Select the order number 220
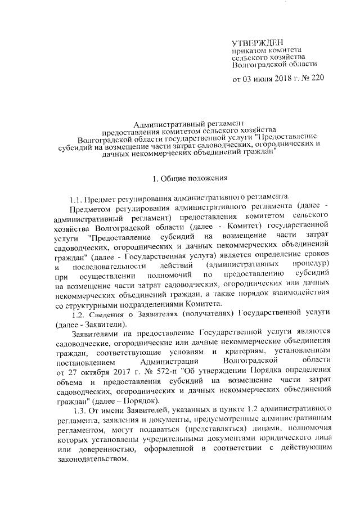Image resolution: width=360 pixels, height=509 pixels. coord(317,79)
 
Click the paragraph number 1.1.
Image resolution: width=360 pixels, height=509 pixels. coord(76,200)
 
